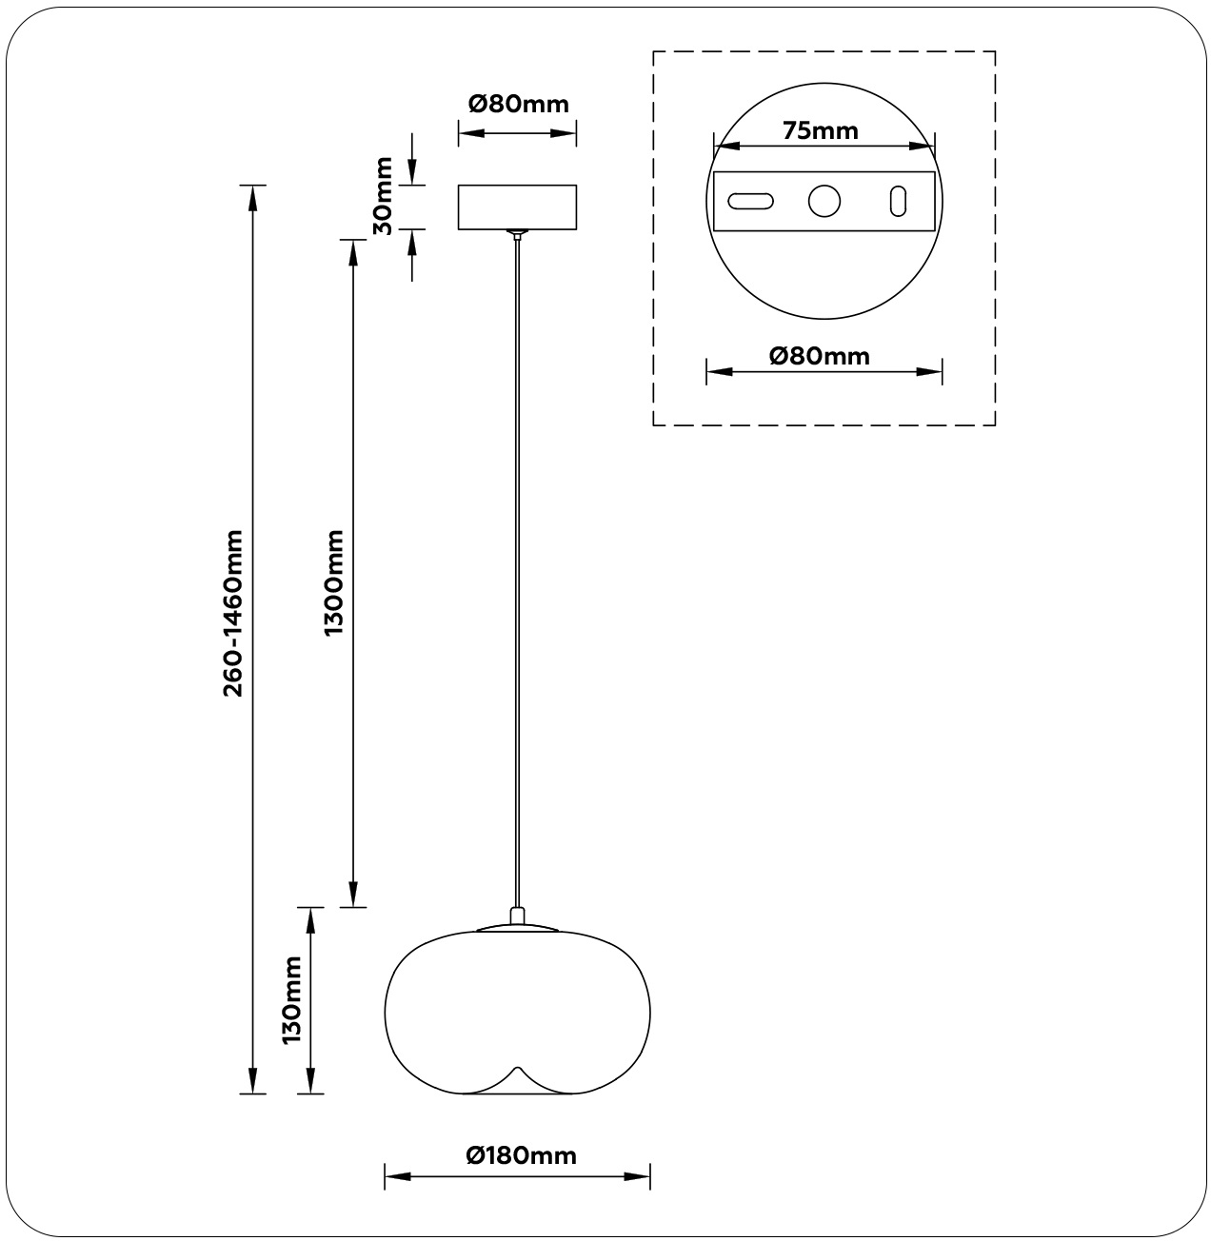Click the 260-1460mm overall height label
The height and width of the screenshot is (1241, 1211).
point(233,613)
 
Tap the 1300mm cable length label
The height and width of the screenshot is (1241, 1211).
point(334,582)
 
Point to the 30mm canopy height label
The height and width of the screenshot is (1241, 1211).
point(383,196)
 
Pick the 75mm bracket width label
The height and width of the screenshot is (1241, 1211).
point(821,130)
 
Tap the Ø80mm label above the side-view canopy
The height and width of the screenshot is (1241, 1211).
point(518,104)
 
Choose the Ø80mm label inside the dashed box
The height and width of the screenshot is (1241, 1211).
point(820,356)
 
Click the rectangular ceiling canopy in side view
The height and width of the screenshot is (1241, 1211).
point(518,207)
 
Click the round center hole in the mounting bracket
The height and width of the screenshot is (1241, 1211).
point(824,201)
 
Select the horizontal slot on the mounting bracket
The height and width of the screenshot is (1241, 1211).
point(751,201)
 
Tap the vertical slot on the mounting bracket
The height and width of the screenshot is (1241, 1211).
point(898,201)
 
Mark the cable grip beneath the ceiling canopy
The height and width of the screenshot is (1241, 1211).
point(518,235)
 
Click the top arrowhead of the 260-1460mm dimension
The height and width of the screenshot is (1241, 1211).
point(252,198)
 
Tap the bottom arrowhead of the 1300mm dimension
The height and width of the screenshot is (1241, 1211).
point(353,895)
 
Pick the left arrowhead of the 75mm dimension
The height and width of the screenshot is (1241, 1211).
point(726,146)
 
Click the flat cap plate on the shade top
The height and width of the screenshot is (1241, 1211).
point(518,928)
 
